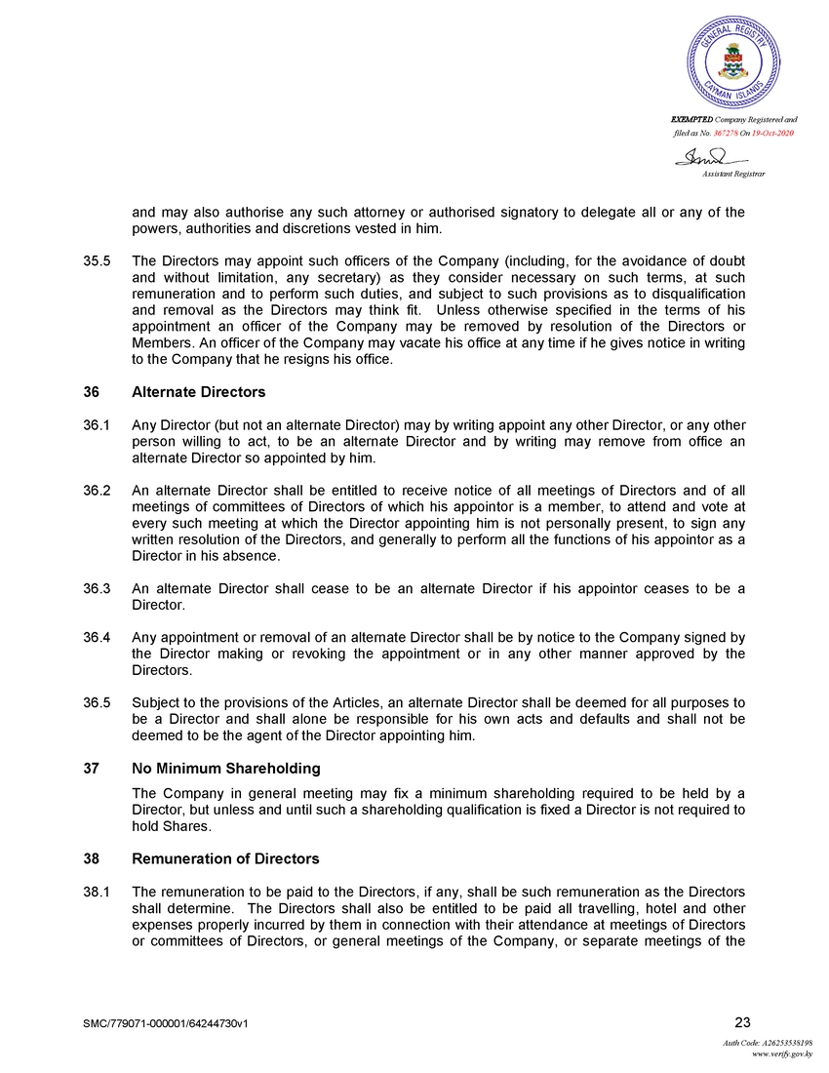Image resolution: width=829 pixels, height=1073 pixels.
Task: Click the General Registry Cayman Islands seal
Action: [x=733, y=60]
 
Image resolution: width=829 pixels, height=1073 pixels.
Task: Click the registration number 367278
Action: [x=729, y=133]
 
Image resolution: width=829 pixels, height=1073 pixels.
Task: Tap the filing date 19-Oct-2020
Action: [x=772, y=133]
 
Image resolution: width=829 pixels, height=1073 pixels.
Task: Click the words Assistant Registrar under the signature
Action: [x=733, y=174]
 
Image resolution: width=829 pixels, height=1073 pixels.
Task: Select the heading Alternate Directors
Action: [x=198, y=392]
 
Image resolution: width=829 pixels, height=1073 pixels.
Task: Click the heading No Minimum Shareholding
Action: [x=226, y=769]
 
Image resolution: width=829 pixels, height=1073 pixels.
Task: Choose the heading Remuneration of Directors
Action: [x=225, y=859]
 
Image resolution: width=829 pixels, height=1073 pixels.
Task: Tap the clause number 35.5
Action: [x=98, y=261]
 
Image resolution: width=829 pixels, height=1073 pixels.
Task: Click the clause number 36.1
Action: [x=98, y=424]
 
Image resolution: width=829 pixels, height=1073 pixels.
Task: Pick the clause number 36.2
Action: [x=98, y=492]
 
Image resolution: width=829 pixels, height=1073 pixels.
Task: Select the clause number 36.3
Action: [x=98, y=588]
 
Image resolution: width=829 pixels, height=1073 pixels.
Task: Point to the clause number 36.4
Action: [x=98, y=637]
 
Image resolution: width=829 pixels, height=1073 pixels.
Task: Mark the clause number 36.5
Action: [x=98, y=703]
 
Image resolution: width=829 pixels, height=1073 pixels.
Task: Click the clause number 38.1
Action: [x=98, y=892]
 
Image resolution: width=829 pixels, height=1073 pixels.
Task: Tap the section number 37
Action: [x=91, y=769]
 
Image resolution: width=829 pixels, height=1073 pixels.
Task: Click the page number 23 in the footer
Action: [x=741, y=1022]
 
